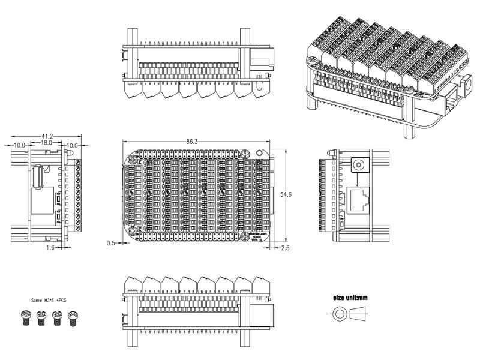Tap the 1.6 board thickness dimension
pyautogui.click(x=50, y=246)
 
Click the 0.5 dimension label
pyautogui.click(x=110, y=243)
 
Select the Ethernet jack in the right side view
pyautogui.click(x=358, y=199)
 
